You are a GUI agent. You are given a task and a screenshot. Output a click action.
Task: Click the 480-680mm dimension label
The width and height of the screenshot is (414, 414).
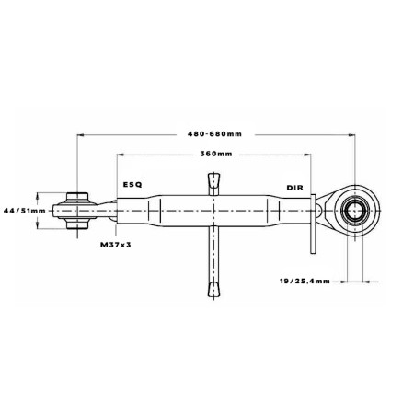tap(214, 134)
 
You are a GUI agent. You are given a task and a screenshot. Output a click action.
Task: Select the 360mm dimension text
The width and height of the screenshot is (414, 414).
tap(216, 154)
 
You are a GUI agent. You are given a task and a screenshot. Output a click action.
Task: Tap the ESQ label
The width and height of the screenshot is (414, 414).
tap(132, 185)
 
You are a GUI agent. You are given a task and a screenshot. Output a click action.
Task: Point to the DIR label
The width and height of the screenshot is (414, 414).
tap(294, 188)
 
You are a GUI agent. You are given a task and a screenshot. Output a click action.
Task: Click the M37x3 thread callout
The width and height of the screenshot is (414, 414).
tap(116, 245)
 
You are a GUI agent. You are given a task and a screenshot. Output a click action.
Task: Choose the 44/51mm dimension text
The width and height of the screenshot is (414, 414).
tap(25, 211)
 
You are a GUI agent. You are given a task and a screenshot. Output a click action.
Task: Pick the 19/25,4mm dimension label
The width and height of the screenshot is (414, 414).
tap(305, 281)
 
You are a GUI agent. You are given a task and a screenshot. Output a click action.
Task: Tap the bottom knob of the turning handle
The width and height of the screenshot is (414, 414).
tap(213, 290)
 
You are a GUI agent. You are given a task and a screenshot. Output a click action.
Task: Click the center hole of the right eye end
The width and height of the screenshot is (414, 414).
tap(355, 211)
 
